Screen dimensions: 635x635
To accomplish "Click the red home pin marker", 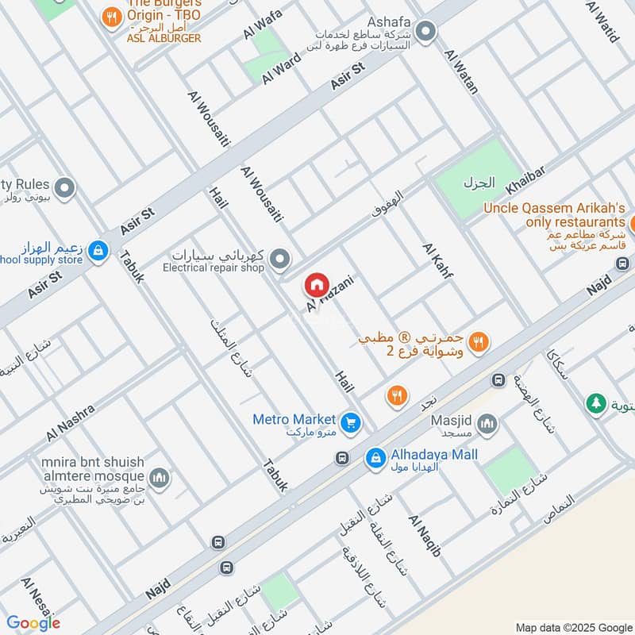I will [316, 284].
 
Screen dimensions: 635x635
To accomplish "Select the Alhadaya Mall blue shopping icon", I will [375, 458].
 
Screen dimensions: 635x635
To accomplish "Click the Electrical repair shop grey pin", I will [279, 259].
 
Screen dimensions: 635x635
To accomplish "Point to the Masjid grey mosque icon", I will [487, 422].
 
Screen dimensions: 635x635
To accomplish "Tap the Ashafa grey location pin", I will [426, 33].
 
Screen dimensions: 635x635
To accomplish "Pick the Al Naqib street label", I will [424, 535].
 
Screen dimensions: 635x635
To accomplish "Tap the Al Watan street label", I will [461, 72].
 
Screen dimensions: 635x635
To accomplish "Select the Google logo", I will [33, 623].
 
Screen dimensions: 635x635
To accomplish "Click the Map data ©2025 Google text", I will [572, 626].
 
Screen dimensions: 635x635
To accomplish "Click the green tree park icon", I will [595, 403].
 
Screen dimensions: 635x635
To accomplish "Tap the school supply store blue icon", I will [98, 251].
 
